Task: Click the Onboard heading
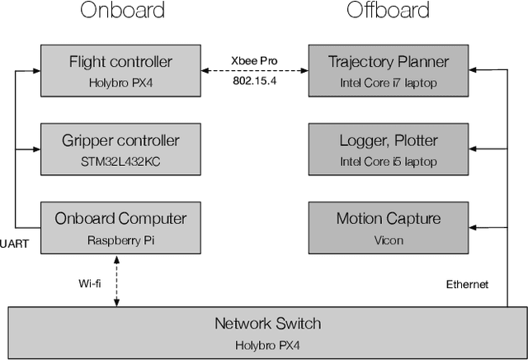(122, 11)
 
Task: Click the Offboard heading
(388, 11)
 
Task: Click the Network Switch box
(267, 330)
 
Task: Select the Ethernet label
(467, 284)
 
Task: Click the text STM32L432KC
(120, 161)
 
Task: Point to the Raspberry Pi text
(120, 240)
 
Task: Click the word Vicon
(389, 240)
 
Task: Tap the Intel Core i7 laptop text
(389, 83)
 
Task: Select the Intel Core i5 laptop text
(389, 161)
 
